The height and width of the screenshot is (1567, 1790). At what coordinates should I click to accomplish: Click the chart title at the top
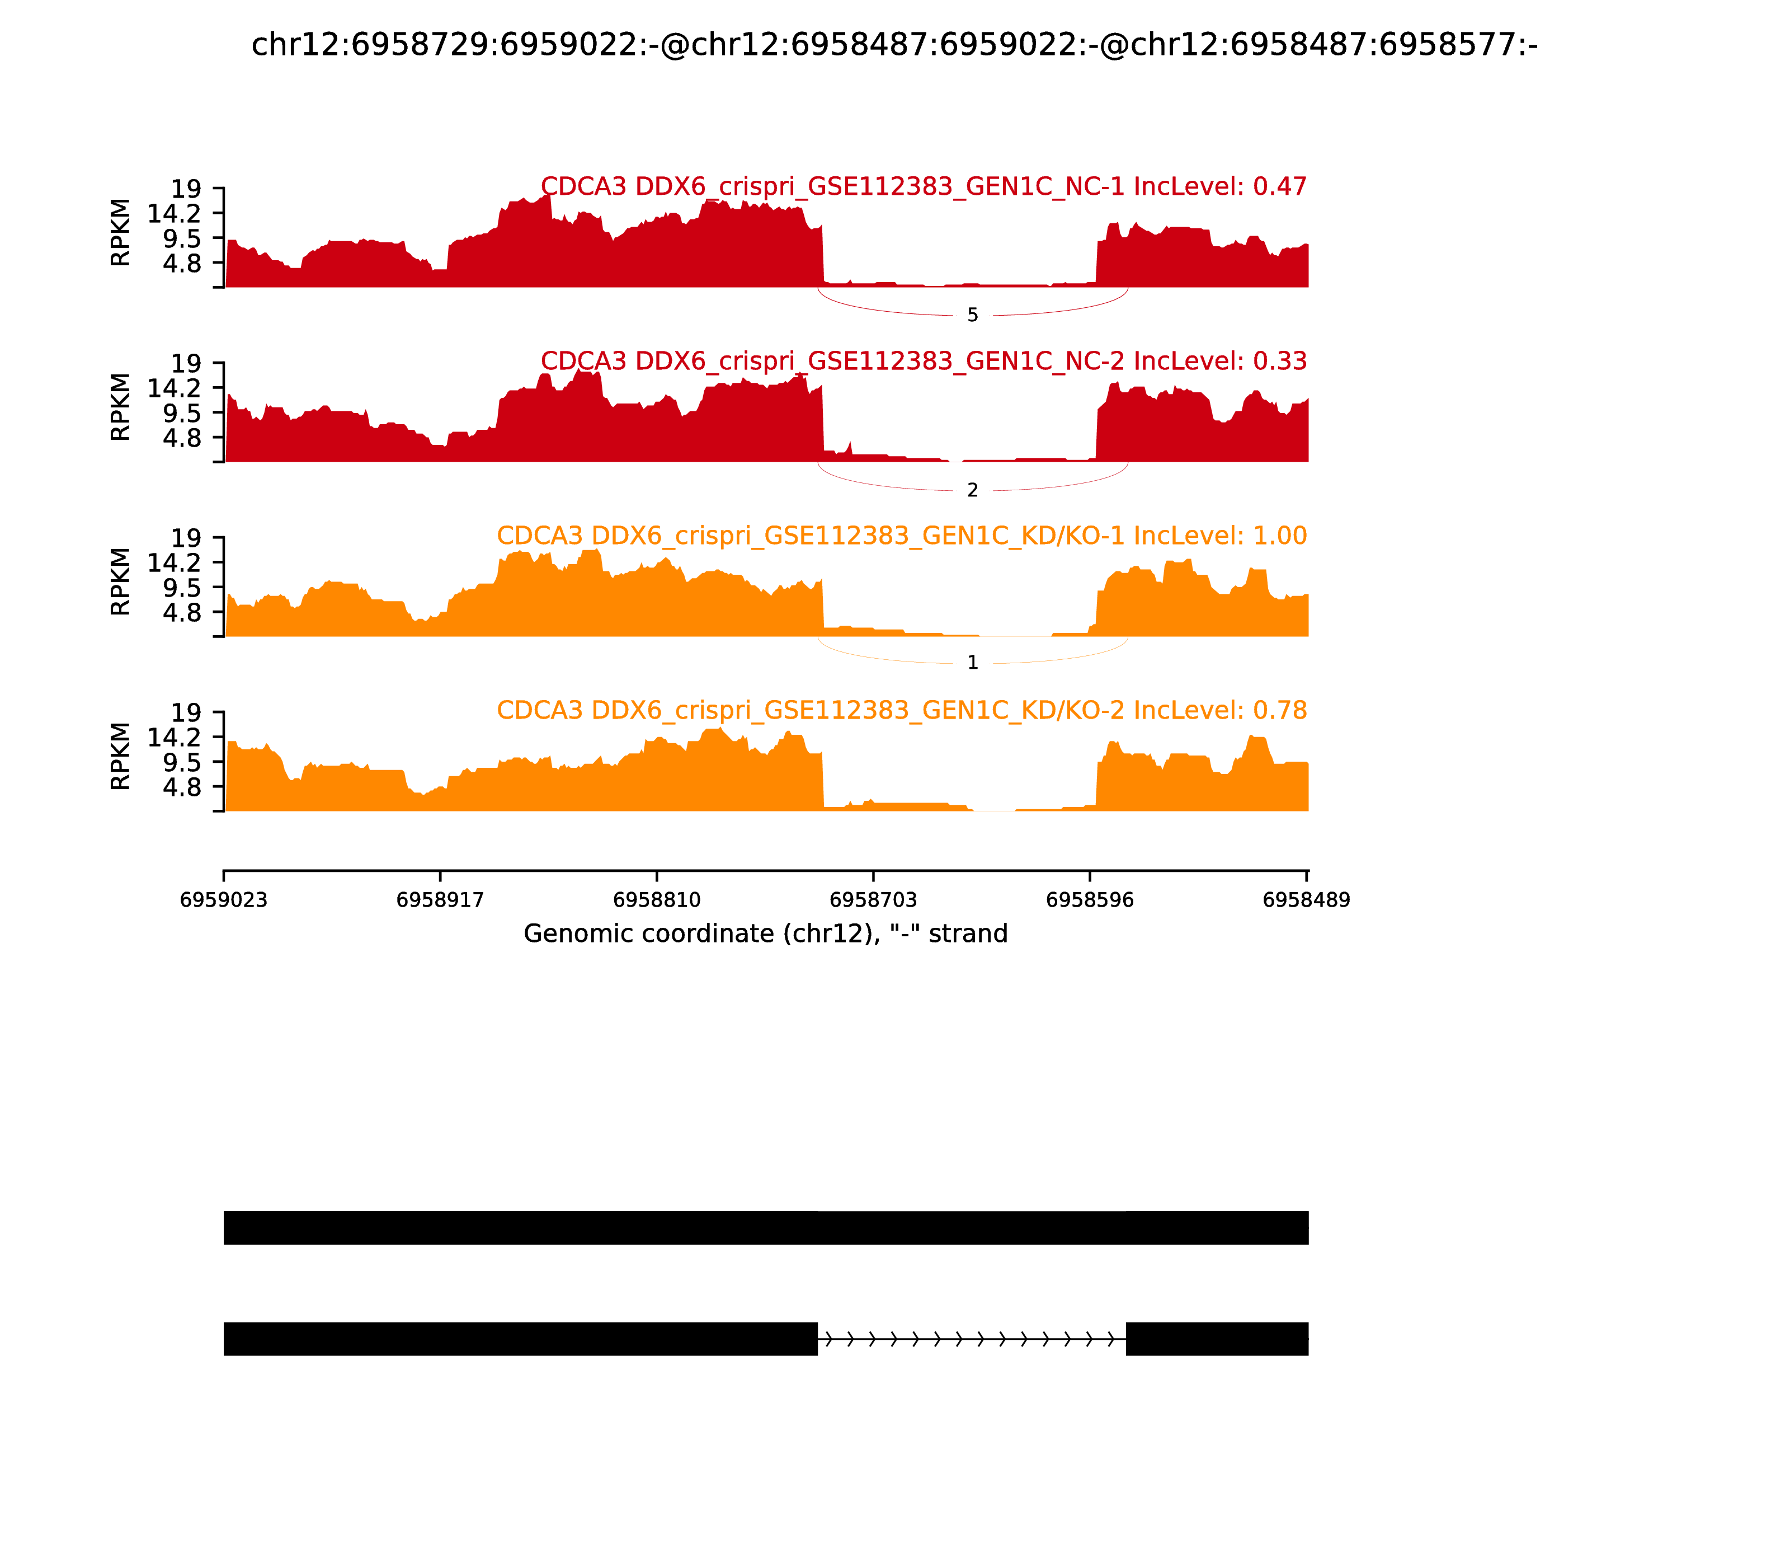(x=894, y=45)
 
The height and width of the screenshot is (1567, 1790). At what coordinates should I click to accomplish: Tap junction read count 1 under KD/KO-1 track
(x=973, y=663)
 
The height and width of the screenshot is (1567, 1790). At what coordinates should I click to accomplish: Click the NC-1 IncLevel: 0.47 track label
(x=923, y=186)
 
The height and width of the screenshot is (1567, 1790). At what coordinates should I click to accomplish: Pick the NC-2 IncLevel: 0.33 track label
(x=923, y=361)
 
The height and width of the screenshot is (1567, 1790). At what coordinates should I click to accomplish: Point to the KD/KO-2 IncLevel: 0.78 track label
(x=901, y=710)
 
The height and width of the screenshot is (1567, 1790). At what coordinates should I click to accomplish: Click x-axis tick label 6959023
(x=224, y=900)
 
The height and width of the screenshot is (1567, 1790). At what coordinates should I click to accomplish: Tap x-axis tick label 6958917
(x=440, y=900)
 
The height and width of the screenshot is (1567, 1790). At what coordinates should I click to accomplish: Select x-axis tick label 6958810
(x=656, y=900)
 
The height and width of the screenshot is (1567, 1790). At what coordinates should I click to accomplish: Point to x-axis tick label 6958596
(x=1090, y=900)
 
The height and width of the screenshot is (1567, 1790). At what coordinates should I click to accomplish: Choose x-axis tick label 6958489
(x=1306, y=900)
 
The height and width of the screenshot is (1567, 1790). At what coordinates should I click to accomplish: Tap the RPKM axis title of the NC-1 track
(x=121, y=233)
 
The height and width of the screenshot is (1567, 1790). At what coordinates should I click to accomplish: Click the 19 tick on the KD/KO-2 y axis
(x=185, y=712)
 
